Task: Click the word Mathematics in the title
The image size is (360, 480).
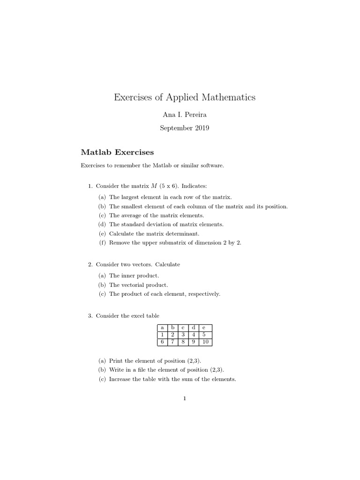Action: (x=229, y=97)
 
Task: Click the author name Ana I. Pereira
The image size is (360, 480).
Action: (x=185, y=115)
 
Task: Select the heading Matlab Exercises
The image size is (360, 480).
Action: (x=117, y=152)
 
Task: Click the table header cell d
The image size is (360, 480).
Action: (x=194, y=328)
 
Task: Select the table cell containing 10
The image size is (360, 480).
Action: (x=205, y=342)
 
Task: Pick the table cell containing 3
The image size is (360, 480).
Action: (x=183, y=335)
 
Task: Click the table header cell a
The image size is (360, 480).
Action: (x=162, y=328)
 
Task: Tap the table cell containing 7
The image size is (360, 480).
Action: (x=172, y=342)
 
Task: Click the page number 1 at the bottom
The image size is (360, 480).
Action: (x=185, y=399)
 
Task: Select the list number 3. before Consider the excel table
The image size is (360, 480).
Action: (x=90, y=316)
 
